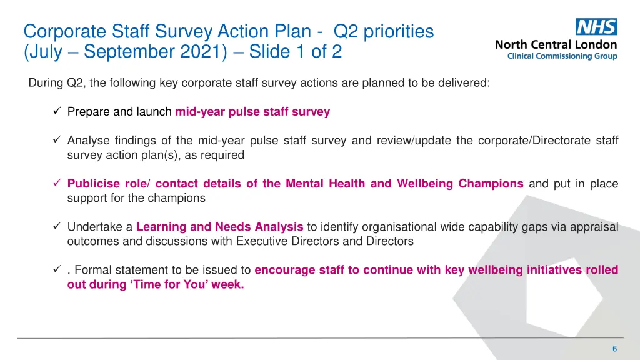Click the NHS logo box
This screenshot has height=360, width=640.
[596, 27]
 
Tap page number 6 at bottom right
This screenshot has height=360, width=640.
[614, 349]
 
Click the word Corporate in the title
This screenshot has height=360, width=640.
[66, 31]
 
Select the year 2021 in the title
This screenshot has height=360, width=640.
[202, 51]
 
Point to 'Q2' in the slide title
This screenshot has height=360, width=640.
[347, 31]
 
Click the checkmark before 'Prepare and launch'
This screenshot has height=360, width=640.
[56, 112]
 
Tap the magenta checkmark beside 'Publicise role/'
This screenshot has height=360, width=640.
[56, 184]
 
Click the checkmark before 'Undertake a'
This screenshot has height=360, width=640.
[56, 227]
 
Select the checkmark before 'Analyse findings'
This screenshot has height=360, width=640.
[56, 141]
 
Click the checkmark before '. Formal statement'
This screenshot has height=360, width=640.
[56, 270]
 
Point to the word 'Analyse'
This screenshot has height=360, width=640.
[87, 141]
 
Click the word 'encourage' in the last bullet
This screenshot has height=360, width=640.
[284, 270]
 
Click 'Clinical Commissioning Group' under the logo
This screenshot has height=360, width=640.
[562, 56]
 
